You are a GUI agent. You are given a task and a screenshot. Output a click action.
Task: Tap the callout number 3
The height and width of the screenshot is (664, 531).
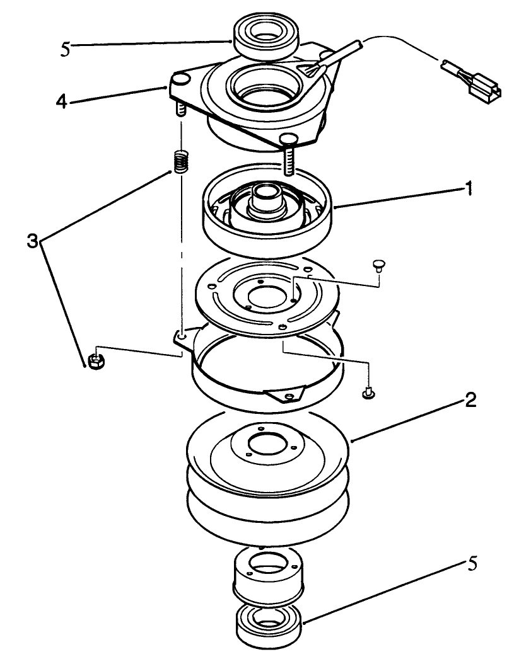click(33, 239)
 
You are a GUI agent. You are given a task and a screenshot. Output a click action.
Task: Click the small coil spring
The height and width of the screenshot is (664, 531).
click(182, 164)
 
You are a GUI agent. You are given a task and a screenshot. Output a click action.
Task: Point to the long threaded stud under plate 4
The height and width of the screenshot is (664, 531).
click(289, 157)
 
